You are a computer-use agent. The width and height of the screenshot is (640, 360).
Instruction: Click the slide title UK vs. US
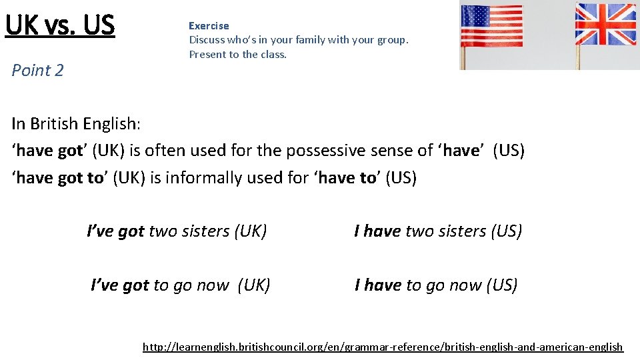[60, 25]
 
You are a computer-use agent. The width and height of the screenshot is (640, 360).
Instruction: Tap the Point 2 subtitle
[38, 71]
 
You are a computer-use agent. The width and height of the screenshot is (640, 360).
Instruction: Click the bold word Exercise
[209, 26]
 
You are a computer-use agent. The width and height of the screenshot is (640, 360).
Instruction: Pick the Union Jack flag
[605, 24]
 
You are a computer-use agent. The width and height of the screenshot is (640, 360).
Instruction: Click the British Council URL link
[383, 347]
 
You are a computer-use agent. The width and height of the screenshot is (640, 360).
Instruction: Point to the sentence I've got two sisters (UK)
[177, 231]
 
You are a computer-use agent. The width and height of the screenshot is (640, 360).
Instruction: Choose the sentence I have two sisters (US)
[438, 231]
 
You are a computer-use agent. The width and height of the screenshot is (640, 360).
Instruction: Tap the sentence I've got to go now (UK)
[180, 285]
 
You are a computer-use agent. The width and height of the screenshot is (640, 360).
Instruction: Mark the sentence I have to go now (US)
[436, 285]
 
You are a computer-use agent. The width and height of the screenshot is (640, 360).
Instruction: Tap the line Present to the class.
[237, 55]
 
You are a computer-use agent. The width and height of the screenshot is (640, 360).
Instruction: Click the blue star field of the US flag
[474, 16]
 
